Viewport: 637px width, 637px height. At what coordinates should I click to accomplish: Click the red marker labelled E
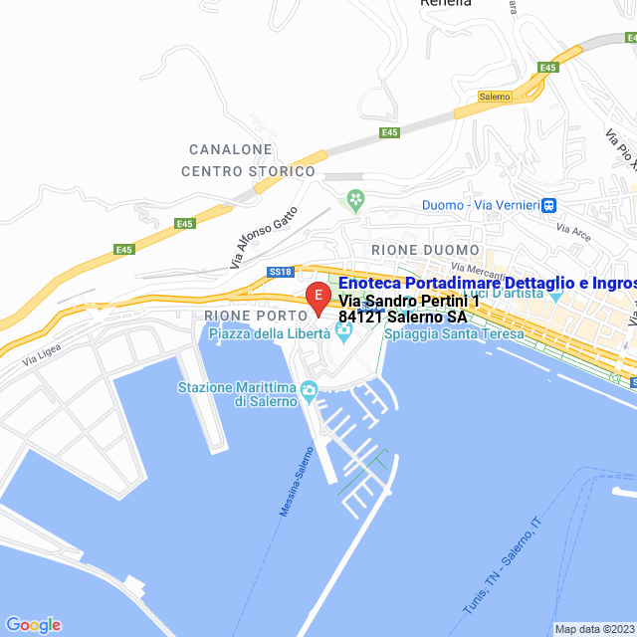tap(318, 297)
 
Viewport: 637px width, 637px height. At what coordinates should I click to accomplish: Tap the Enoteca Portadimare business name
tap(488, 284)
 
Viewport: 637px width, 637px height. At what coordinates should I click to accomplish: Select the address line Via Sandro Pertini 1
tap(409, 301)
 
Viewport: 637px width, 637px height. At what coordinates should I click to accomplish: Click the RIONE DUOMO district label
tap(425, 250)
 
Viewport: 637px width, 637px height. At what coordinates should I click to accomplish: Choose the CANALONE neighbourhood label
tap(231, 149)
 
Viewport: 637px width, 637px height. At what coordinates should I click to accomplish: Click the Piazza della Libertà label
tap(269, 333)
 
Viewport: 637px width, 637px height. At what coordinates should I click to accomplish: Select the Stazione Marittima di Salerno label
tap(238, 394)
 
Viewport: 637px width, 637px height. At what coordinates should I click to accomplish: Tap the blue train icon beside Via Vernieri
tap(547, 205)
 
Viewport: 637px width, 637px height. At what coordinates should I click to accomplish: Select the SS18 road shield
tap(280, 271)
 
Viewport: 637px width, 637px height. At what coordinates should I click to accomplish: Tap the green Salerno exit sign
tap(494, 97)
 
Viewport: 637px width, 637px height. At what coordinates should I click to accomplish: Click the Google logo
tap(33, 625)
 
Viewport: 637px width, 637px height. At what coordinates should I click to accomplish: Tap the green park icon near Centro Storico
tap(354, 202)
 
